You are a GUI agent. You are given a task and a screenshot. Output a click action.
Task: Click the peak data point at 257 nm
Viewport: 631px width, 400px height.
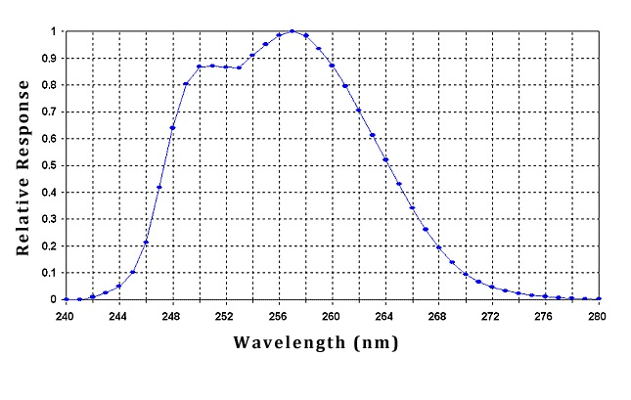[x=292, y=31]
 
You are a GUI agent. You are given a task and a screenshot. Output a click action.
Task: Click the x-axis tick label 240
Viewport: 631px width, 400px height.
[x=66, y=317]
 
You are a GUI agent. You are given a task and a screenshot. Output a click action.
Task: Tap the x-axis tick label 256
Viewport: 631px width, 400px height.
[x=278, y=317]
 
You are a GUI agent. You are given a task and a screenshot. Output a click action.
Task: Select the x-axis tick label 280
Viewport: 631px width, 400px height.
[x=598, y=317]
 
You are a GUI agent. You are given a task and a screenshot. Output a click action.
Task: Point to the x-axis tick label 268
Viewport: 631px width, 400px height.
[x=438, y=317]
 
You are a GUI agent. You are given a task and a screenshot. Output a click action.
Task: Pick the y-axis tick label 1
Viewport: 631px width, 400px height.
[x=54, y=31]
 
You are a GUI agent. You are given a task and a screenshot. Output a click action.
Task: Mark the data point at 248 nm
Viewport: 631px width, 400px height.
[x=172, y=127]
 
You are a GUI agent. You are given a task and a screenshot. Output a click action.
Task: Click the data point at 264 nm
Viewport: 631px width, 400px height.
[x=385, y=159]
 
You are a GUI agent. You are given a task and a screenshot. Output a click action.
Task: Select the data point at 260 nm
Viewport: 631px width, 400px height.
[x=332, y=66]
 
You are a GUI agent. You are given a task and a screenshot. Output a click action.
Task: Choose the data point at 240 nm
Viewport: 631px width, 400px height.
[x=66, y=299]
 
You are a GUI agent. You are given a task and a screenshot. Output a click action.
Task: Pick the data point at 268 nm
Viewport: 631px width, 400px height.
[x=438, y=247]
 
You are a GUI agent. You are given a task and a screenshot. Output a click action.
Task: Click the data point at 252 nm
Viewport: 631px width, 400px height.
[x=225, y=67]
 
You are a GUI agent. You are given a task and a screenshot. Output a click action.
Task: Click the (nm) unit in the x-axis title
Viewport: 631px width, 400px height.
[x=379, y=344]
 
